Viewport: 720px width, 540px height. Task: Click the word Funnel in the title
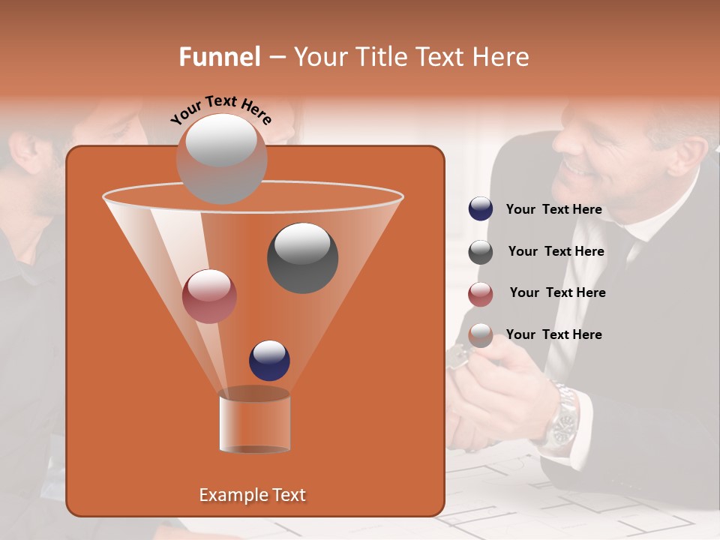219,57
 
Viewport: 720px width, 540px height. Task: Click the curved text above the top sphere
221,109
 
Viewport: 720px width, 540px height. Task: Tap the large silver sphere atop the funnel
221,159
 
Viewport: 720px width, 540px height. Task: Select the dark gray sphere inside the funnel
302,258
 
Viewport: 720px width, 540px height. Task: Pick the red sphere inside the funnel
209,296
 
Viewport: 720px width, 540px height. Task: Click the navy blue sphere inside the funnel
269,360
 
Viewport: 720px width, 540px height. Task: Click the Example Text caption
252,495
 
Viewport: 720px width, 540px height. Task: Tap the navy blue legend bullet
481,209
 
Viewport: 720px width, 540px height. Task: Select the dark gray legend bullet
481,252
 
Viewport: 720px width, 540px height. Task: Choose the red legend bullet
481,294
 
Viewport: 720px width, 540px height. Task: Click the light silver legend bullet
481,335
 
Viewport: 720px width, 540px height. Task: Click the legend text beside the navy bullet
553,209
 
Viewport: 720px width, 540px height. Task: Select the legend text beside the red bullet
557,292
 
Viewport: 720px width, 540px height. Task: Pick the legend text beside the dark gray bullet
556,251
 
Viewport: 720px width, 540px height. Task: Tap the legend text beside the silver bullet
553,334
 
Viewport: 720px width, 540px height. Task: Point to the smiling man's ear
686,154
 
